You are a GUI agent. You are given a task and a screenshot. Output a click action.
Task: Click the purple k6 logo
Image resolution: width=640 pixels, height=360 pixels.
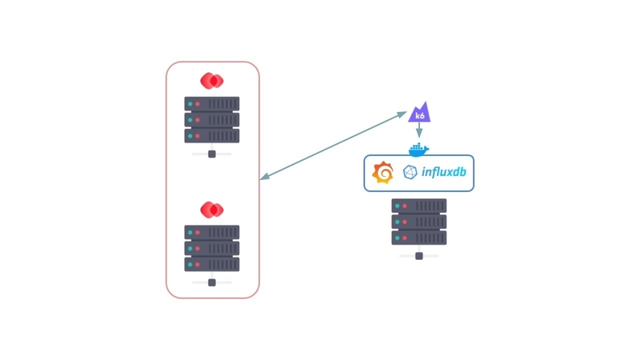[x=419, y=114]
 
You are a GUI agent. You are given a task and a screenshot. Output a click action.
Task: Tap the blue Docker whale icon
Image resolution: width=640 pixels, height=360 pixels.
[x=418, y=149]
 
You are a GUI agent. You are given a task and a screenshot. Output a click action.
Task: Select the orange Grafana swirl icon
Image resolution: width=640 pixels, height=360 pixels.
[x=383, y=172]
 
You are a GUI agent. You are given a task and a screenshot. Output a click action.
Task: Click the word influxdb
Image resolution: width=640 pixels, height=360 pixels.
[x=444, y=172]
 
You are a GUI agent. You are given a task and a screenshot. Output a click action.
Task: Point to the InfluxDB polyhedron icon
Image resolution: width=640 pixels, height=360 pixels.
[x=410, y=172]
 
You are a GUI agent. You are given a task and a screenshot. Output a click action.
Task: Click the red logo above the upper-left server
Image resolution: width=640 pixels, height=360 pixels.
[x=212, y=81]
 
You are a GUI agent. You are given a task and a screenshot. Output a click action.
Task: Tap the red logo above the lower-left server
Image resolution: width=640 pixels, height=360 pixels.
[x=212, y=210]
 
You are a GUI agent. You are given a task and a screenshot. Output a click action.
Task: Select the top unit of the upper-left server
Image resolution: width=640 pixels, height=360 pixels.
[x=212, y=104]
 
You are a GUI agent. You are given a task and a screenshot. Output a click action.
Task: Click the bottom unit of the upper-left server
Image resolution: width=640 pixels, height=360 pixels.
[x=212, y=136]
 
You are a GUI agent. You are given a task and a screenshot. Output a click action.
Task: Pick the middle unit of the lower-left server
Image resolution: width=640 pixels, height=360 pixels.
[x=212, y=249]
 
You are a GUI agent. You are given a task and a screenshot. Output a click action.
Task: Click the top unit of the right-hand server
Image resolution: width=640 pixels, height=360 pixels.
[x=418, y=206]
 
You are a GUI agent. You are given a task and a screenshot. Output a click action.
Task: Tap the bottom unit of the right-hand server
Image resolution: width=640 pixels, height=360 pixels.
[x=418, y=238]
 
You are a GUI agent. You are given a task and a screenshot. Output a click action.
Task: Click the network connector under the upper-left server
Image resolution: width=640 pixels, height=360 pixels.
[x=212, y=154]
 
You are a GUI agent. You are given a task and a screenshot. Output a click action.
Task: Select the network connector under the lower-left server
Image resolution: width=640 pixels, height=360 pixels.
[x=212, y=282]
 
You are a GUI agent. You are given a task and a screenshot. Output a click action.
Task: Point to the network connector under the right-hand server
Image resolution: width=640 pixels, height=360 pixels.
[x=418, y=256]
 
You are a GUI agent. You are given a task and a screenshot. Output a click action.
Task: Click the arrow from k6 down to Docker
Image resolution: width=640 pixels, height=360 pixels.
[x=418, y=130]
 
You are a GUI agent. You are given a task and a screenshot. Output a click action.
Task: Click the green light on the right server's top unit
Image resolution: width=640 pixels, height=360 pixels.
[x=397, y=206]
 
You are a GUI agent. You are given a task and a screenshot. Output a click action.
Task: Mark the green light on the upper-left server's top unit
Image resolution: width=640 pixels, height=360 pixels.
[x=190, y=104]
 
